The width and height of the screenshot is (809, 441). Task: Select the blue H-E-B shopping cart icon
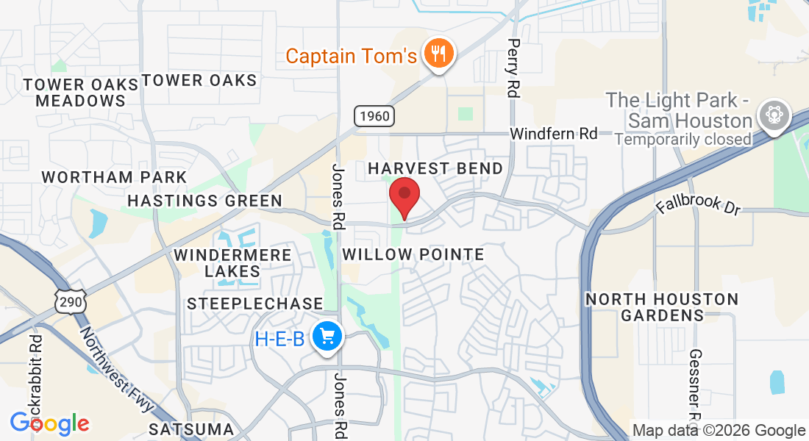pyautogui.click(x=326, y=337)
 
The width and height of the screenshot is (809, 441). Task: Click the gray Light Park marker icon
pyautogui.click(x=775, y=116)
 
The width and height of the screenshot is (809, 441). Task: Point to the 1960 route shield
pyautogui.click(x=374, y=115)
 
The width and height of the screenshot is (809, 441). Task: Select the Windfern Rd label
pyautogui.click(x=554, y=134)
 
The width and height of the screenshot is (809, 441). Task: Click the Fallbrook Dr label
pyautogui.click(x=698, y=204)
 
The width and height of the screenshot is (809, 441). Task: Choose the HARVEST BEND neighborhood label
pyautogui.click(x=435, y=168)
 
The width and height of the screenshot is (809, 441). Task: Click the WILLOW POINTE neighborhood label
pyautogui.click(x=413, y=255)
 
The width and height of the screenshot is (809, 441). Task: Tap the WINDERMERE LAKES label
pyautogui.click(x=232, y=263)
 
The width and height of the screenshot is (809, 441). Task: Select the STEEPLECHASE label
pyautogui.click(x=254, y=304)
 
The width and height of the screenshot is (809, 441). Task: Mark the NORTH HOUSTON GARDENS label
pyautogui.click(x=662, y=307)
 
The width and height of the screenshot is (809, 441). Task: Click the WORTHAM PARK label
pyautogui.click(x=114, y=177)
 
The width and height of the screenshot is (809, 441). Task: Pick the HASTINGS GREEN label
pyautogui.click(x=204, y=201)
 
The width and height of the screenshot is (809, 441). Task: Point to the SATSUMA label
pyautogui.click(x=191, y=429)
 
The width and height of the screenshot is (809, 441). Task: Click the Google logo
pyautogui.click(x=49, y=423)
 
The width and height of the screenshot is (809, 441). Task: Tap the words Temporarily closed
pyautogui.click(x=683, y=139)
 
